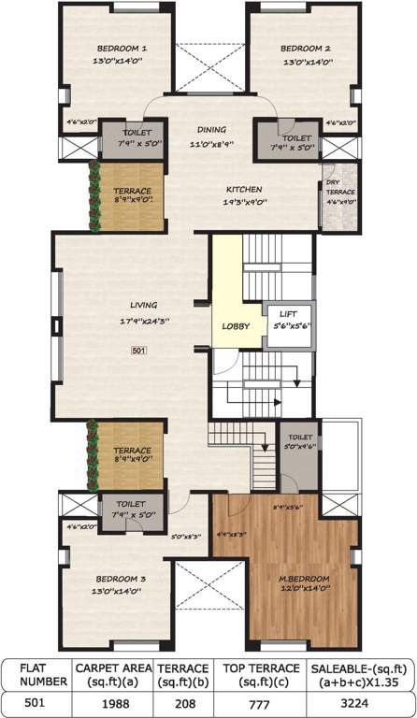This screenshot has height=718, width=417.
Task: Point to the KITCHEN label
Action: pos(242,189)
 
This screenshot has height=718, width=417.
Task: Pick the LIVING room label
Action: pos(143,304)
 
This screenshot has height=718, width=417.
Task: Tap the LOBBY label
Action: pos(235,325)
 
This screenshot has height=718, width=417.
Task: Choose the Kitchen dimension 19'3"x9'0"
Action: pos(242,202)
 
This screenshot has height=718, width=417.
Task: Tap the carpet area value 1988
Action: pos(110,702)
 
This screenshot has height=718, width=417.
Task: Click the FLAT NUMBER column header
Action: pos(35,675)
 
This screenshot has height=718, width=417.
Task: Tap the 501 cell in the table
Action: pos(35,702)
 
